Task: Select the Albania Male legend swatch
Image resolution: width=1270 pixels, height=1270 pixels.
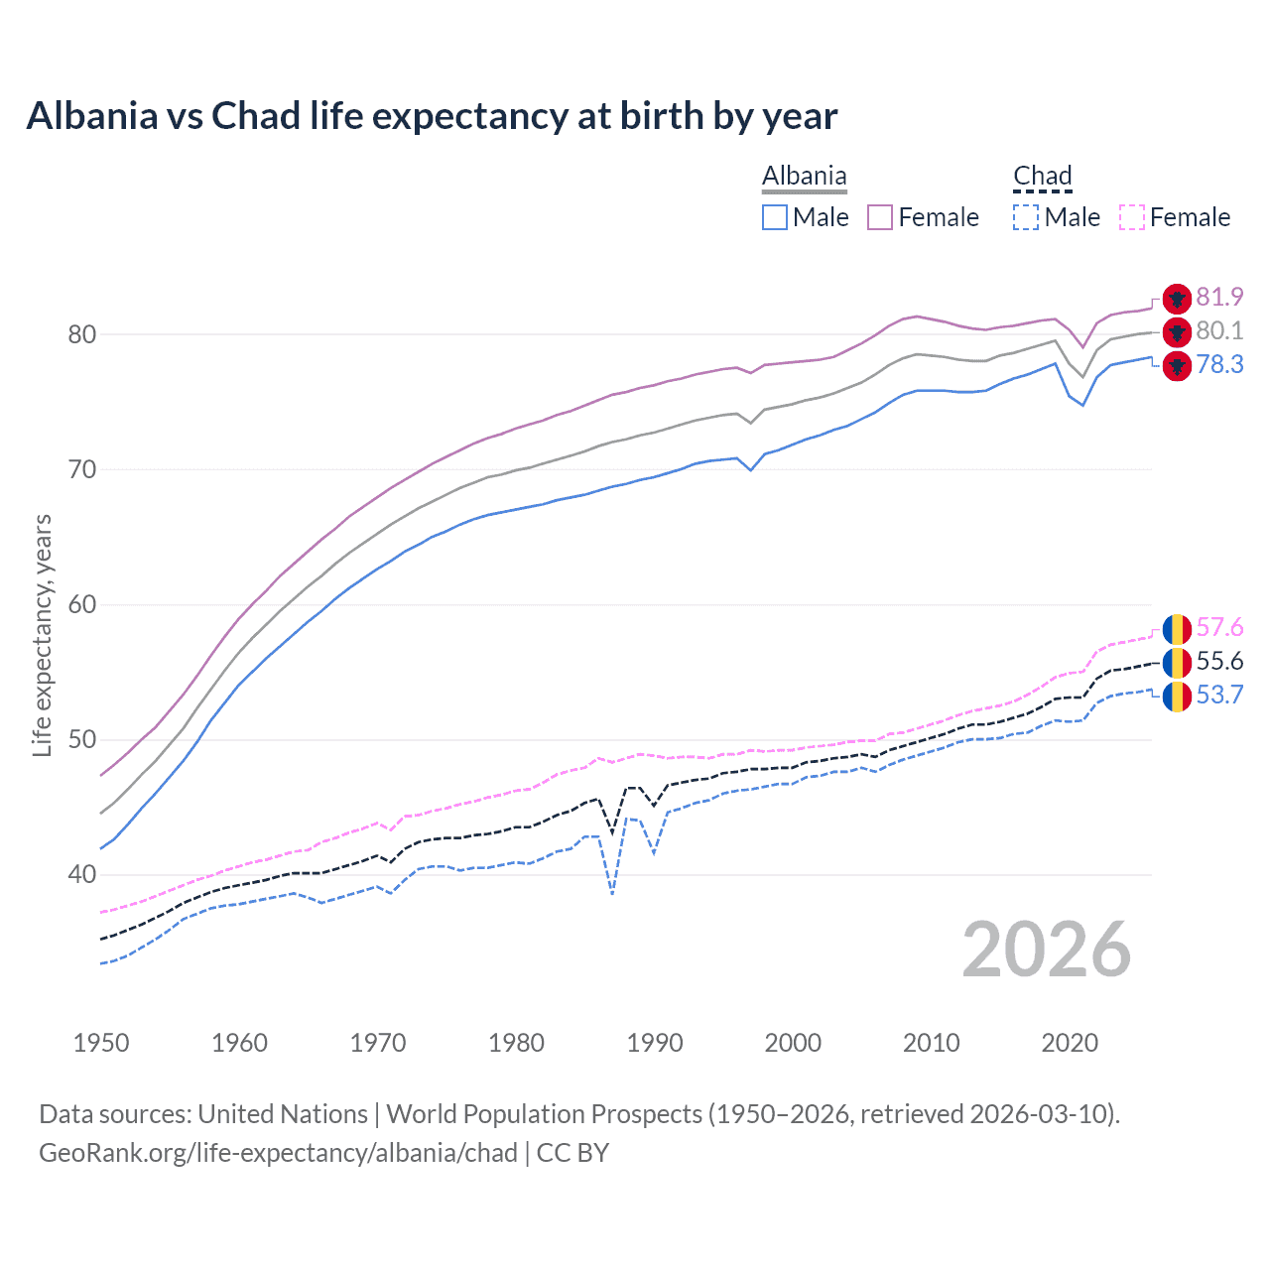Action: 775,217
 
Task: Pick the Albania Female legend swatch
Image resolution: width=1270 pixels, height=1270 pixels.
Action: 880,217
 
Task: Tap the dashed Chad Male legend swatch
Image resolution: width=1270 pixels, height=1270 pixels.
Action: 1026,217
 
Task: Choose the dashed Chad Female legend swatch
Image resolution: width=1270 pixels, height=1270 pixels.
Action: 1132,217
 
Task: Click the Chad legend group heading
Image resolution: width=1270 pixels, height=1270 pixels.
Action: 1042,177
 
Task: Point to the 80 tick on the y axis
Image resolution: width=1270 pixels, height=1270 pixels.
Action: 82,334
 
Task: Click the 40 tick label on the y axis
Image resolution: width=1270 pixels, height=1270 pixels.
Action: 82,874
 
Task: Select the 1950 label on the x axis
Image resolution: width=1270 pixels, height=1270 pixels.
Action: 101,1043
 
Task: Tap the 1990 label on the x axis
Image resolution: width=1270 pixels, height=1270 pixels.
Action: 655,1043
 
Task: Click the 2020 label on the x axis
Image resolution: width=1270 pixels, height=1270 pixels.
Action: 1070,1043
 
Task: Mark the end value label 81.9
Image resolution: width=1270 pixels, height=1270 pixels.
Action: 1219,297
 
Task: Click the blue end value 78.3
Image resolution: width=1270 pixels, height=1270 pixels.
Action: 1219,364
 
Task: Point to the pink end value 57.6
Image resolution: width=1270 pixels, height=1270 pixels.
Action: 1219,627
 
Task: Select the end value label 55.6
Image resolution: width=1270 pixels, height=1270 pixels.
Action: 1219,661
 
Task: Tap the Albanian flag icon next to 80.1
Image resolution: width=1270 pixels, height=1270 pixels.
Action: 1177,331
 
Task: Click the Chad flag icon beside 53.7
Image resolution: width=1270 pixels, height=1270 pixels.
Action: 1177,696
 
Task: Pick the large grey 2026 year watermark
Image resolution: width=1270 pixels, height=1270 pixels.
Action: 1046,950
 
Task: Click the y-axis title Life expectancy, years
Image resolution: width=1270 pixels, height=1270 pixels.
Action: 42,635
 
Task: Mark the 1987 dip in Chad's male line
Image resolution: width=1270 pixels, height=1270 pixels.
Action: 613,893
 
